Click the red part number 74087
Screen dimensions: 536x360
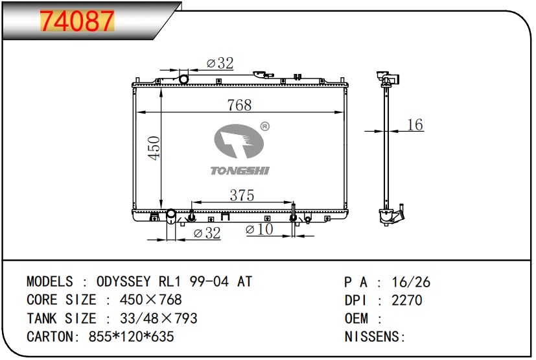(77, 21)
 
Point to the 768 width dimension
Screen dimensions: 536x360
(239, 104)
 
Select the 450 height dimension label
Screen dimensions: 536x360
(154, 148)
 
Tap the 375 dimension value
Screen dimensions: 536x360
(242, 195)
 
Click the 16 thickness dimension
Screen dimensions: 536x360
(415, 125)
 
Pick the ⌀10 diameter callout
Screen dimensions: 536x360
(259, 229)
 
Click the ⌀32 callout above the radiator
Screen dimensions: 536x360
(220, 63)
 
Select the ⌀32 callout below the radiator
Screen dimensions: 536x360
(207, 233)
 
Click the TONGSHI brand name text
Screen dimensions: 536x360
(240, 171)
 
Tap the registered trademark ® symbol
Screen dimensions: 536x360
(265, 126)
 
